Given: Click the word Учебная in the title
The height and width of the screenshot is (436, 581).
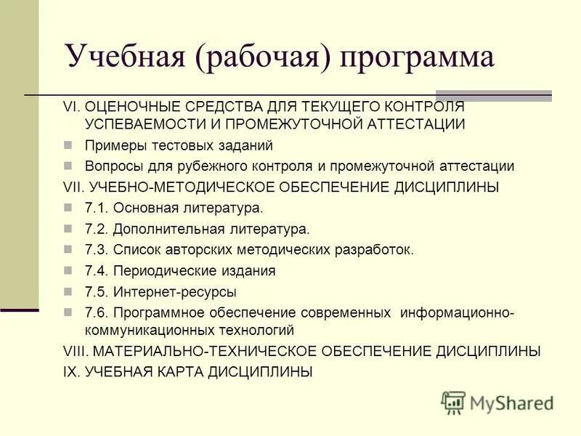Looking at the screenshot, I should (x=123, y=57).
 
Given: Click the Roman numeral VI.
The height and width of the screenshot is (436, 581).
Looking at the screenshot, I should (x=71, y=106).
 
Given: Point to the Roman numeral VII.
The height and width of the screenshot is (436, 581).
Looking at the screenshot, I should (x=73, y=187).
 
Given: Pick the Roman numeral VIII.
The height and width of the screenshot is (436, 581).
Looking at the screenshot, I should (x=75, y=351).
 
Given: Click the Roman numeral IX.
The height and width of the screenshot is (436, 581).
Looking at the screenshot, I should (x=71, y=372).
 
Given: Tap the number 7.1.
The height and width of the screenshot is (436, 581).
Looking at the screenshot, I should (x=96, y=209).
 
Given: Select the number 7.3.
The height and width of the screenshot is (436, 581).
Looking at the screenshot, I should (x=96, y=250).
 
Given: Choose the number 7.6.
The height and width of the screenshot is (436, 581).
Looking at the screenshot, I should (x=96, y=313).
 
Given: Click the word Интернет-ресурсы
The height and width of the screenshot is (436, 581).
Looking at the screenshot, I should (x=175, y=292).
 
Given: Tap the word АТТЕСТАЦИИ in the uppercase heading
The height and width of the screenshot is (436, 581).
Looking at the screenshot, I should (x=413, y=124).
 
